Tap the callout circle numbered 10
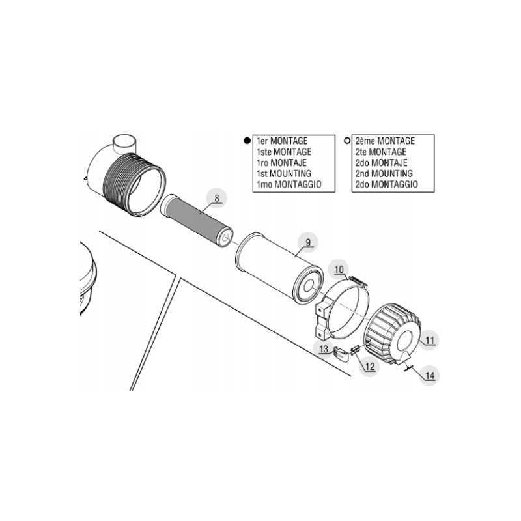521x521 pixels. [x=339, y=270]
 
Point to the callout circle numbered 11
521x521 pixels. [x=429, y=339]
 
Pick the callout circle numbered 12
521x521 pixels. [x=369, y=365]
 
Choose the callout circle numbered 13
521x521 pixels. [x=324, y=350]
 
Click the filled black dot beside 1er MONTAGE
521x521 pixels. [x=247, y=141]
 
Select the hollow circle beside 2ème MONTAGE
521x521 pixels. [x=346, y=141]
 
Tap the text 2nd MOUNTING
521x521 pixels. [x=384, y=174]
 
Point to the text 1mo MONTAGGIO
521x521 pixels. [x=289, y=185]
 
